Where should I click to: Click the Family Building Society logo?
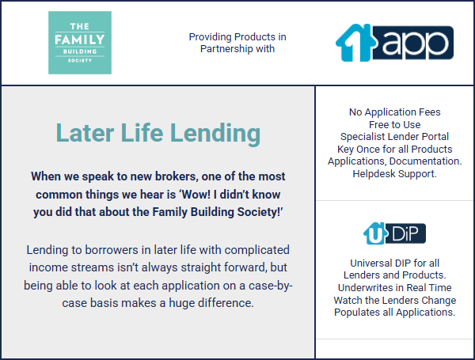pos(80,43)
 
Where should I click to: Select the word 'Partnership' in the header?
pos(226,49)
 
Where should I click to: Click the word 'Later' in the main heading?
pos(85,133)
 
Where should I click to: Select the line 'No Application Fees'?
pos(395,112)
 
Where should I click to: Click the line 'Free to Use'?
pos(395,124)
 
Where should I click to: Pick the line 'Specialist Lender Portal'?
pos(394,137)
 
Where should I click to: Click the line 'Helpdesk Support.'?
pos(394,174)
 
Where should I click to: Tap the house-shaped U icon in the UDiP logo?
pos(375,233)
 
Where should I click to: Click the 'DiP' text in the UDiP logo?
pos(405,233)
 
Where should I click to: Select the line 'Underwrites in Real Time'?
pos(395,288)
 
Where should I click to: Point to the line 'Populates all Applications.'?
pos(395,313)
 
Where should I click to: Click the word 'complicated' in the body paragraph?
pos(256,250)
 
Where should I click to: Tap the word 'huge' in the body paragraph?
pos(181,303)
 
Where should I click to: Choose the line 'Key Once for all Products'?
pos(395,150)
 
